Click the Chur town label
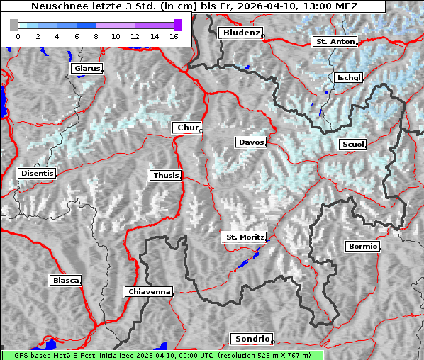coord(187,128)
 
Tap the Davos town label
coord(251,142)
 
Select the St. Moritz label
coord(244,237)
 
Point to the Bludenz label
coord(240,33)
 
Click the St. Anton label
coord(334,42)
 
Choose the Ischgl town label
coord(348,77)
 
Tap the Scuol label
coord(352,145)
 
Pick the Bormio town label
coord(362,247)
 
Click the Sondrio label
coord(251,339)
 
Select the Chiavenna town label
coord(149,291)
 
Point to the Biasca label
coord(65,281)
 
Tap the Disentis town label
coord(36,173)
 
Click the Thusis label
coord(166,175)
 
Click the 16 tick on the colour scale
coord(173,35)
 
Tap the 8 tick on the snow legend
coord(96,35)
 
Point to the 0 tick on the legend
coord(18,35)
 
